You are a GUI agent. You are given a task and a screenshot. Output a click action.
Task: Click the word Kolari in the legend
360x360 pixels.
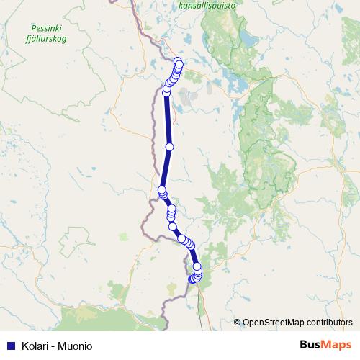tap(34, 346)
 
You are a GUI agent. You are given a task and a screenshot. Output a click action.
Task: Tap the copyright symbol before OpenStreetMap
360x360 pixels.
tap(238, 323)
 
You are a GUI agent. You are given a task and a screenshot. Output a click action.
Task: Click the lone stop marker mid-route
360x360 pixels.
tap(170, 147)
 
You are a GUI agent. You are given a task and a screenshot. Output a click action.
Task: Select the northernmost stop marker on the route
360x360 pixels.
tap(179, 63)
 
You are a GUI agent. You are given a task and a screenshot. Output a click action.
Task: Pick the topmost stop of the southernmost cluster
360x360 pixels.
tap(197, 266)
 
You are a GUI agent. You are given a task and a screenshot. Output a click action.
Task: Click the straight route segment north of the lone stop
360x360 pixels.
tap(168, 119)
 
